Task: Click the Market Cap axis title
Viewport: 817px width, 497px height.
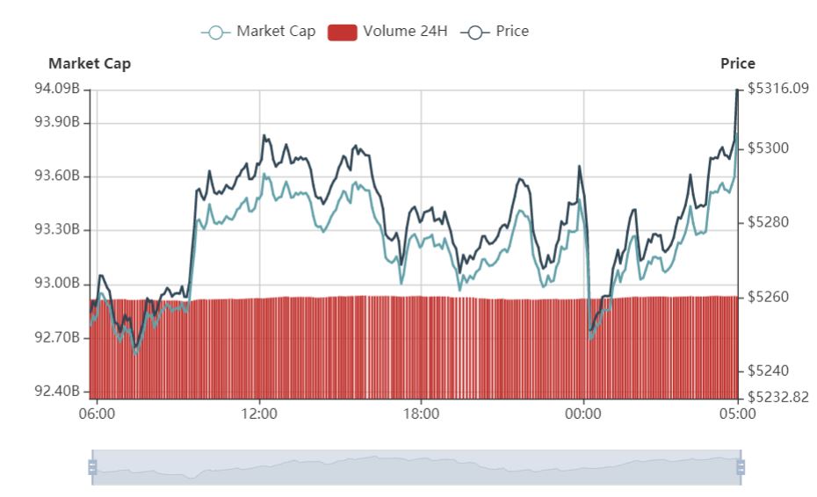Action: point(90,63)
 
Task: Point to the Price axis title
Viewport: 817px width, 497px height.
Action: point(737,63)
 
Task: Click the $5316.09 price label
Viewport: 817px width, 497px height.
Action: point(777,89)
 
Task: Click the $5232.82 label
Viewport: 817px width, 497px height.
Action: point(777,397)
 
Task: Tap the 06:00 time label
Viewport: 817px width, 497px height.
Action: point(97,413)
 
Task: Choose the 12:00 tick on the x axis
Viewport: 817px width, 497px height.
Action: point(259,413)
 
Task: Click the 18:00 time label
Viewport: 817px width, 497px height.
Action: point(421,413)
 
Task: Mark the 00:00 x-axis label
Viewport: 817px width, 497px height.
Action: point(583,413)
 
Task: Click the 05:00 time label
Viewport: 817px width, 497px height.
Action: point(737,413)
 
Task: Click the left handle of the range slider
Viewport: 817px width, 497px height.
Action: point(92,467)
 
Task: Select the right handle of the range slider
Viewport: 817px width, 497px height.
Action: point(740,467)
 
